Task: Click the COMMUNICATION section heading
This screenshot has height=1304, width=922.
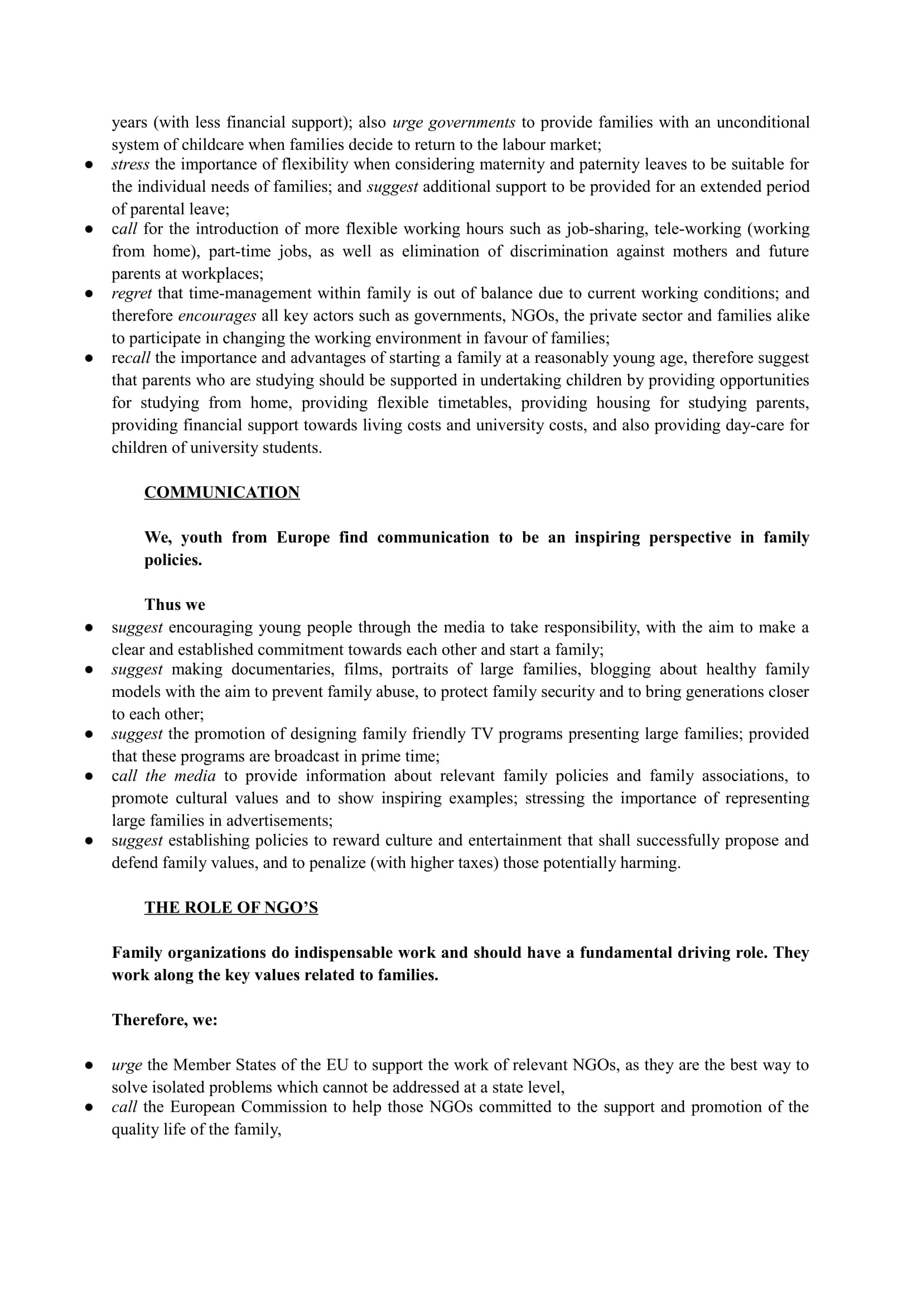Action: [x=221, y=492]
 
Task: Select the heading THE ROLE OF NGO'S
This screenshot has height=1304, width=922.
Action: [x=231, y=908]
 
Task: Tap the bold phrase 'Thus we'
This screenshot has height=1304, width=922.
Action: [x=175, y=605]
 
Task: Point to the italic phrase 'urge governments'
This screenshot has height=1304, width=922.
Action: [x=454, y=123]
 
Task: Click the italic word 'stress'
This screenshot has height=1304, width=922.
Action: [x=130, y=164]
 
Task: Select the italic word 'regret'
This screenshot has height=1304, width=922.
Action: [x=131, y=294]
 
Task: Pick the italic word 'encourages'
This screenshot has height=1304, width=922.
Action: [x=217, y=316]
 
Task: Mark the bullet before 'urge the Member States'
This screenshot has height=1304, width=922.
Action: [x=89, y=1065]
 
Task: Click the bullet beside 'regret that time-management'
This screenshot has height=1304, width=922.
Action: [x=89, y=294]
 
